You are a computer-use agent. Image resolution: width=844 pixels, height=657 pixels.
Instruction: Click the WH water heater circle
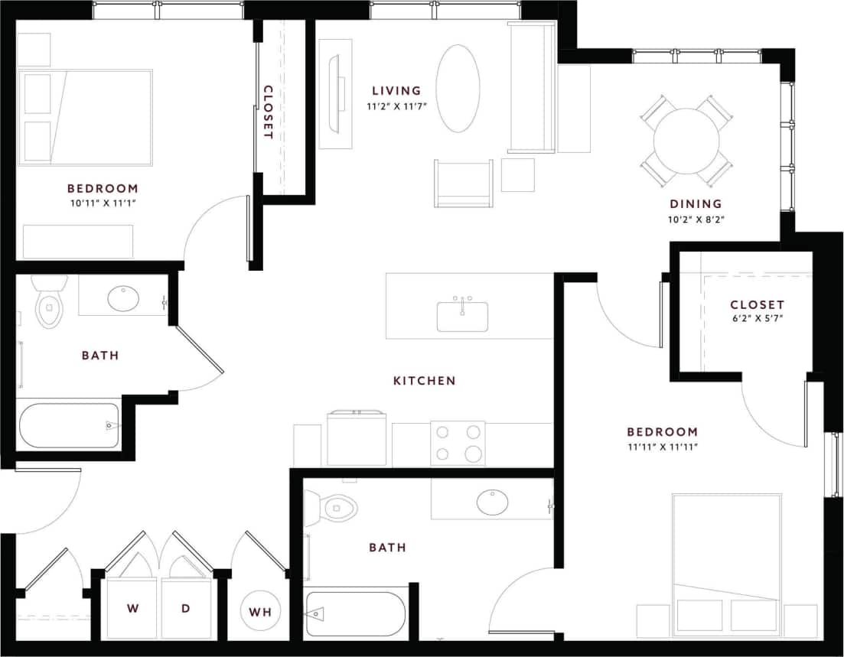[x=261, y=611]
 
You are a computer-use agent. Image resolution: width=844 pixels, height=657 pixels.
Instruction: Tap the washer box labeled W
[x=132, y=608]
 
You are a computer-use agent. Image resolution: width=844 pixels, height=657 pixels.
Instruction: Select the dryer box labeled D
[x=185, y=608]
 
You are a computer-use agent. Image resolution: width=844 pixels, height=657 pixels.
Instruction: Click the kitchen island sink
[x=462, y=316]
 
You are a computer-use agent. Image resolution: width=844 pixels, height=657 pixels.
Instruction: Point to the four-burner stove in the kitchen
[x=458, y=443]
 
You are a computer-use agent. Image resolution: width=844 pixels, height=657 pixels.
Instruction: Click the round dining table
[x=686, y=141]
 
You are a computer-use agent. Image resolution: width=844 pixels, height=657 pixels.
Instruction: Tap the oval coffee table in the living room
[x=458, y=89]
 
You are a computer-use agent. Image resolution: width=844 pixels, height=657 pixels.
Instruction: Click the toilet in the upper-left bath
[x=49, y=303]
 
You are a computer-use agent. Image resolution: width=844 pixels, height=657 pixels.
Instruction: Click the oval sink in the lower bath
[x=492, y=502]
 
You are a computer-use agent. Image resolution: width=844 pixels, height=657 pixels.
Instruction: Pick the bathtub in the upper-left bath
[x=69, y=425]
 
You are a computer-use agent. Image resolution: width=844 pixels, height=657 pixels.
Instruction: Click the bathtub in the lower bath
[x=355, y=613]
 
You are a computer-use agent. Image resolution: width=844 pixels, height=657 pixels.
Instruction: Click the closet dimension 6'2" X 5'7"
[x=757, y=320]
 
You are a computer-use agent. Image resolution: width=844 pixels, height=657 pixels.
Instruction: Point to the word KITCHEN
[x=424, y=380]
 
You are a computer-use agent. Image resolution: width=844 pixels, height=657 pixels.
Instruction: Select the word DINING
[x=696, y=203]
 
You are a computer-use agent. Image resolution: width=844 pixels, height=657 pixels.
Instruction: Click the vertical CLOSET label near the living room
[x=268, y=112]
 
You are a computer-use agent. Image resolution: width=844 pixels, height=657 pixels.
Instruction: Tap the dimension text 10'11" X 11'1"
[x=103, y=203]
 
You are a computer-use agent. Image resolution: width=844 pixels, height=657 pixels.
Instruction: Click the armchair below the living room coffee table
[x=464, y=184]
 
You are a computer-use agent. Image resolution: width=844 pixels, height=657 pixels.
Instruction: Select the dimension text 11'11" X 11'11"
[x=663, y=446]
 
